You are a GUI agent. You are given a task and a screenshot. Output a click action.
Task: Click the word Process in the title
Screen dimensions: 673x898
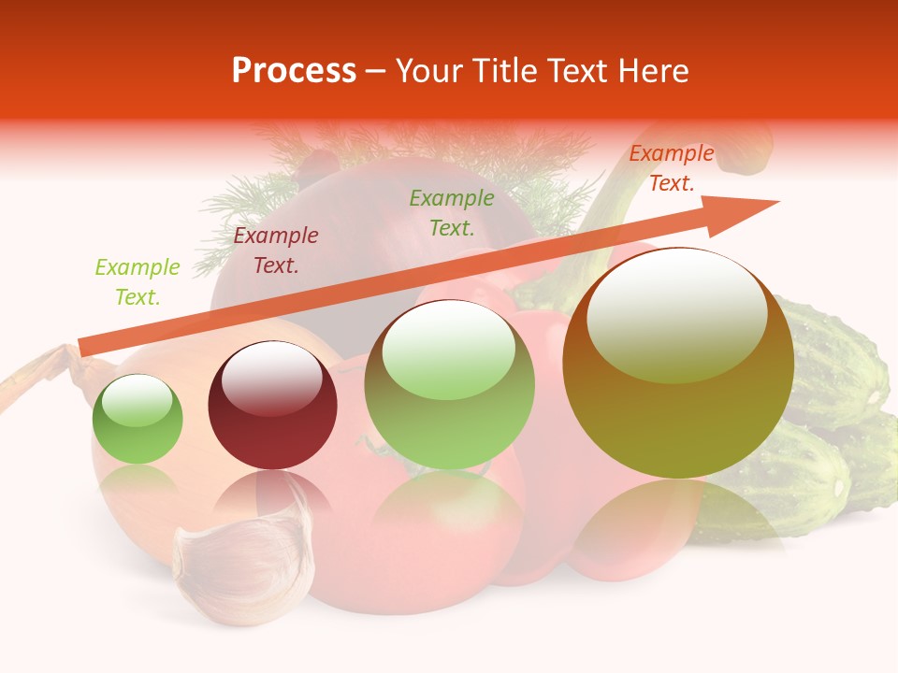(x=294, y=71)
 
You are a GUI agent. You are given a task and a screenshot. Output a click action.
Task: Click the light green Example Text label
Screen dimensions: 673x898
(x=138, y=282)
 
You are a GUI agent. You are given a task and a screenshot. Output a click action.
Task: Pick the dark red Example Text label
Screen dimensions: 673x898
(x=276, y=251)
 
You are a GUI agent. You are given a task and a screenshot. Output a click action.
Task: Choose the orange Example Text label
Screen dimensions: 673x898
(x=672, y=168)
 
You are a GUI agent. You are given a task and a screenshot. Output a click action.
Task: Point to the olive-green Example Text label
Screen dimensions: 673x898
(x=452, y=212)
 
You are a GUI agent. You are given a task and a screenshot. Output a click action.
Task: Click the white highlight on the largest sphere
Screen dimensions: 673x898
(x=677, y=313)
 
